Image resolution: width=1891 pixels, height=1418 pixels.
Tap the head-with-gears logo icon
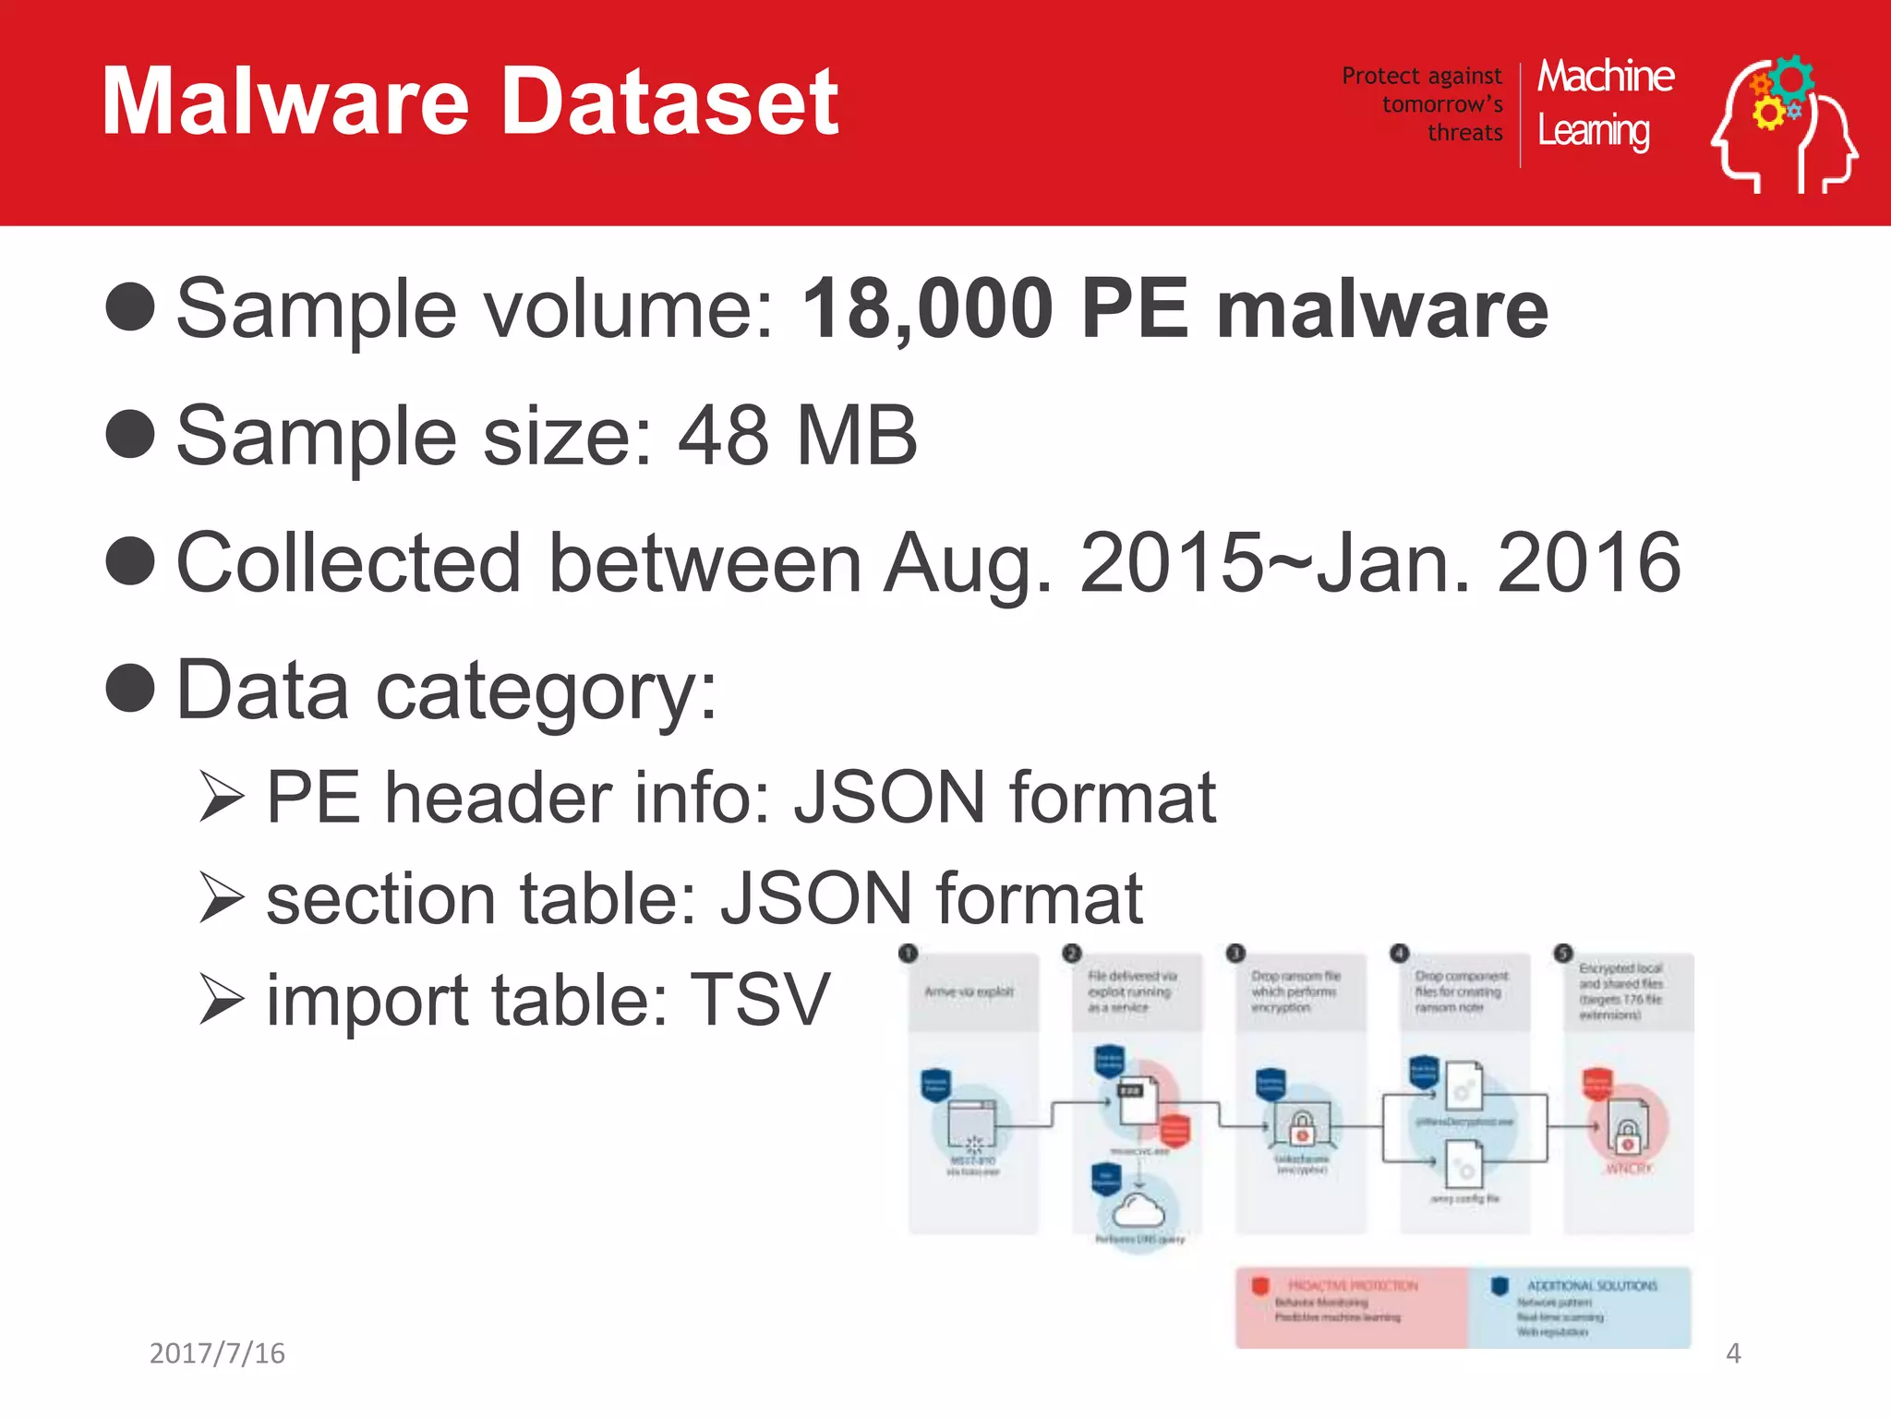[x=1784, y=124]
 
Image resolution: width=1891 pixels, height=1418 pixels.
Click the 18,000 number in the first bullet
[x=927, y=309]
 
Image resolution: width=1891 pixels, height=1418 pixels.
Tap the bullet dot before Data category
[x=130, y=689]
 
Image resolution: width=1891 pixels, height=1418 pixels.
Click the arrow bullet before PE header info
[x=222, y=799]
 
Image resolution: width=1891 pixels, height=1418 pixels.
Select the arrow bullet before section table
[x=222, y=899]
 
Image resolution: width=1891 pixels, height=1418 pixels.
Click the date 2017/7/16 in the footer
[x=217, y=1353]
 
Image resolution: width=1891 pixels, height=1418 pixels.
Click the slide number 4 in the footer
[x=1733, y=1353]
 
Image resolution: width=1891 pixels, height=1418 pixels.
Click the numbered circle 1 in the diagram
[x=909, y=953]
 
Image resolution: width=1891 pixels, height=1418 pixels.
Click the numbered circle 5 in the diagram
[x=1562, y=953]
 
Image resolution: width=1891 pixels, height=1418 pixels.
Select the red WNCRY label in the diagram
[x=1629, y=1169]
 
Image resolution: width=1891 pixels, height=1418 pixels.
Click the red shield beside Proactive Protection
[x=1260, y=1286]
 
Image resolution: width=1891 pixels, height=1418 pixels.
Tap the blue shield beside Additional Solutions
[x=1500, y=1286]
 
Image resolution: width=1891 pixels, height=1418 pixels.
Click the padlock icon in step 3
[x=1302, y=1126]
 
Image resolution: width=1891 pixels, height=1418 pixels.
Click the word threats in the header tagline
[x=1465, y=133]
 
